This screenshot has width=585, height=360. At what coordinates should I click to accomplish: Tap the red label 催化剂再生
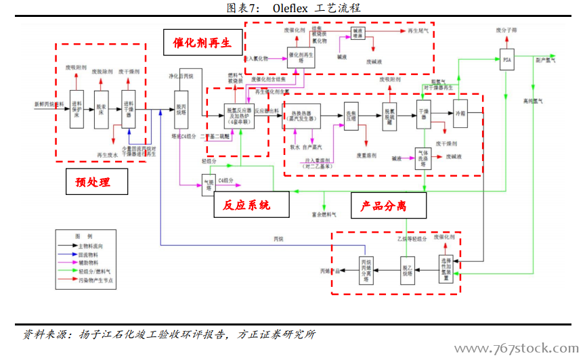201,43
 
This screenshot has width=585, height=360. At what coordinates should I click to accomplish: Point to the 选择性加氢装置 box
445,269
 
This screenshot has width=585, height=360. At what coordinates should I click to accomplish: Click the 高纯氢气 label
534,102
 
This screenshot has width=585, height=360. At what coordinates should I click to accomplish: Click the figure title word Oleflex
295,8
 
